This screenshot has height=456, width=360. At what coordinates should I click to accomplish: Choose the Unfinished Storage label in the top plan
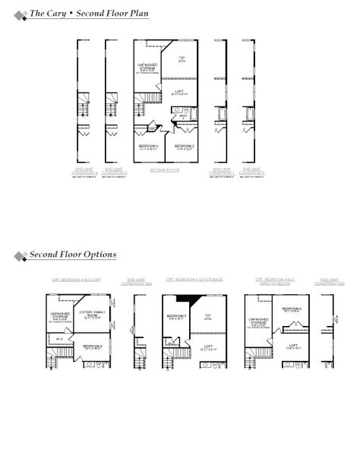(147, 68)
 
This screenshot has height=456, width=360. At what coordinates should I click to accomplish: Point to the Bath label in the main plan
(183, 116)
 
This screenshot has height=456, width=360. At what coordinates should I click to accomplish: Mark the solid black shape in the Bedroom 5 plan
(179, 299)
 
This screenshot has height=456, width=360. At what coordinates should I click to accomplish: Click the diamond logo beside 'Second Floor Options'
(21, 255)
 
